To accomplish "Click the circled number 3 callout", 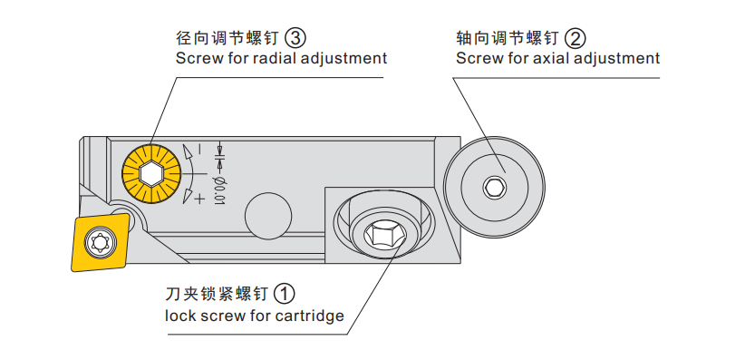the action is (295, 37).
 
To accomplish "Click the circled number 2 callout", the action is (576, 38).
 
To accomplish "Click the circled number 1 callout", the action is (284, 294).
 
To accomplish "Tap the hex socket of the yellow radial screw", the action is (152, 172).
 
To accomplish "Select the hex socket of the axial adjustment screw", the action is (494, 187).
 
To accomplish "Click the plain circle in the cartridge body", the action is (268, 216).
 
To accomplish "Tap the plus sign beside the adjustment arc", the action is (199, 198).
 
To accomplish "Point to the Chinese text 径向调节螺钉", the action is (227, 38).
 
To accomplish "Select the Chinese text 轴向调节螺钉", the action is (507, 38).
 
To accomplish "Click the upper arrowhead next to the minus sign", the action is (188, 152).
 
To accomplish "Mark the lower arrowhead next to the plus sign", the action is (189, 196).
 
